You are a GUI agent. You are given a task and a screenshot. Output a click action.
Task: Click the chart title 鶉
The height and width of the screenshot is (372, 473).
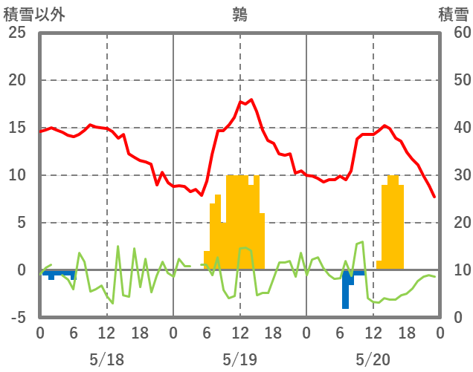(239, 14)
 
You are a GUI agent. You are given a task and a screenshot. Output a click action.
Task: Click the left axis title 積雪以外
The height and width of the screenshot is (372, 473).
(33, 14)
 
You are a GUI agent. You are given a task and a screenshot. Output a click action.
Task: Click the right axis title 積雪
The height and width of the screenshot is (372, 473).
(453, 14)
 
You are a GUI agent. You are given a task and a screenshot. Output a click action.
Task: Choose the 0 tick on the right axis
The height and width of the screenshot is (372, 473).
(458, 318)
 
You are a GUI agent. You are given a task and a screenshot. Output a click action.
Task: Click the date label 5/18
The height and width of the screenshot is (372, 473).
(106, 359)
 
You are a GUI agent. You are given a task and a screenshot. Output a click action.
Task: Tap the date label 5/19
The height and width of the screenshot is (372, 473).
(239, 359)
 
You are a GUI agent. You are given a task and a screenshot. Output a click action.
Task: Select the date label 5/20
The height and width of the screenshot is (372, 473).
(373, 359)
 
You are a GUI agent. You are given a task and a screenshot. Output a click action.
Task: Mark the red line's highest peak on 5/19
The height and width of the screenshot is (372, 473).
(251, 99)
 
